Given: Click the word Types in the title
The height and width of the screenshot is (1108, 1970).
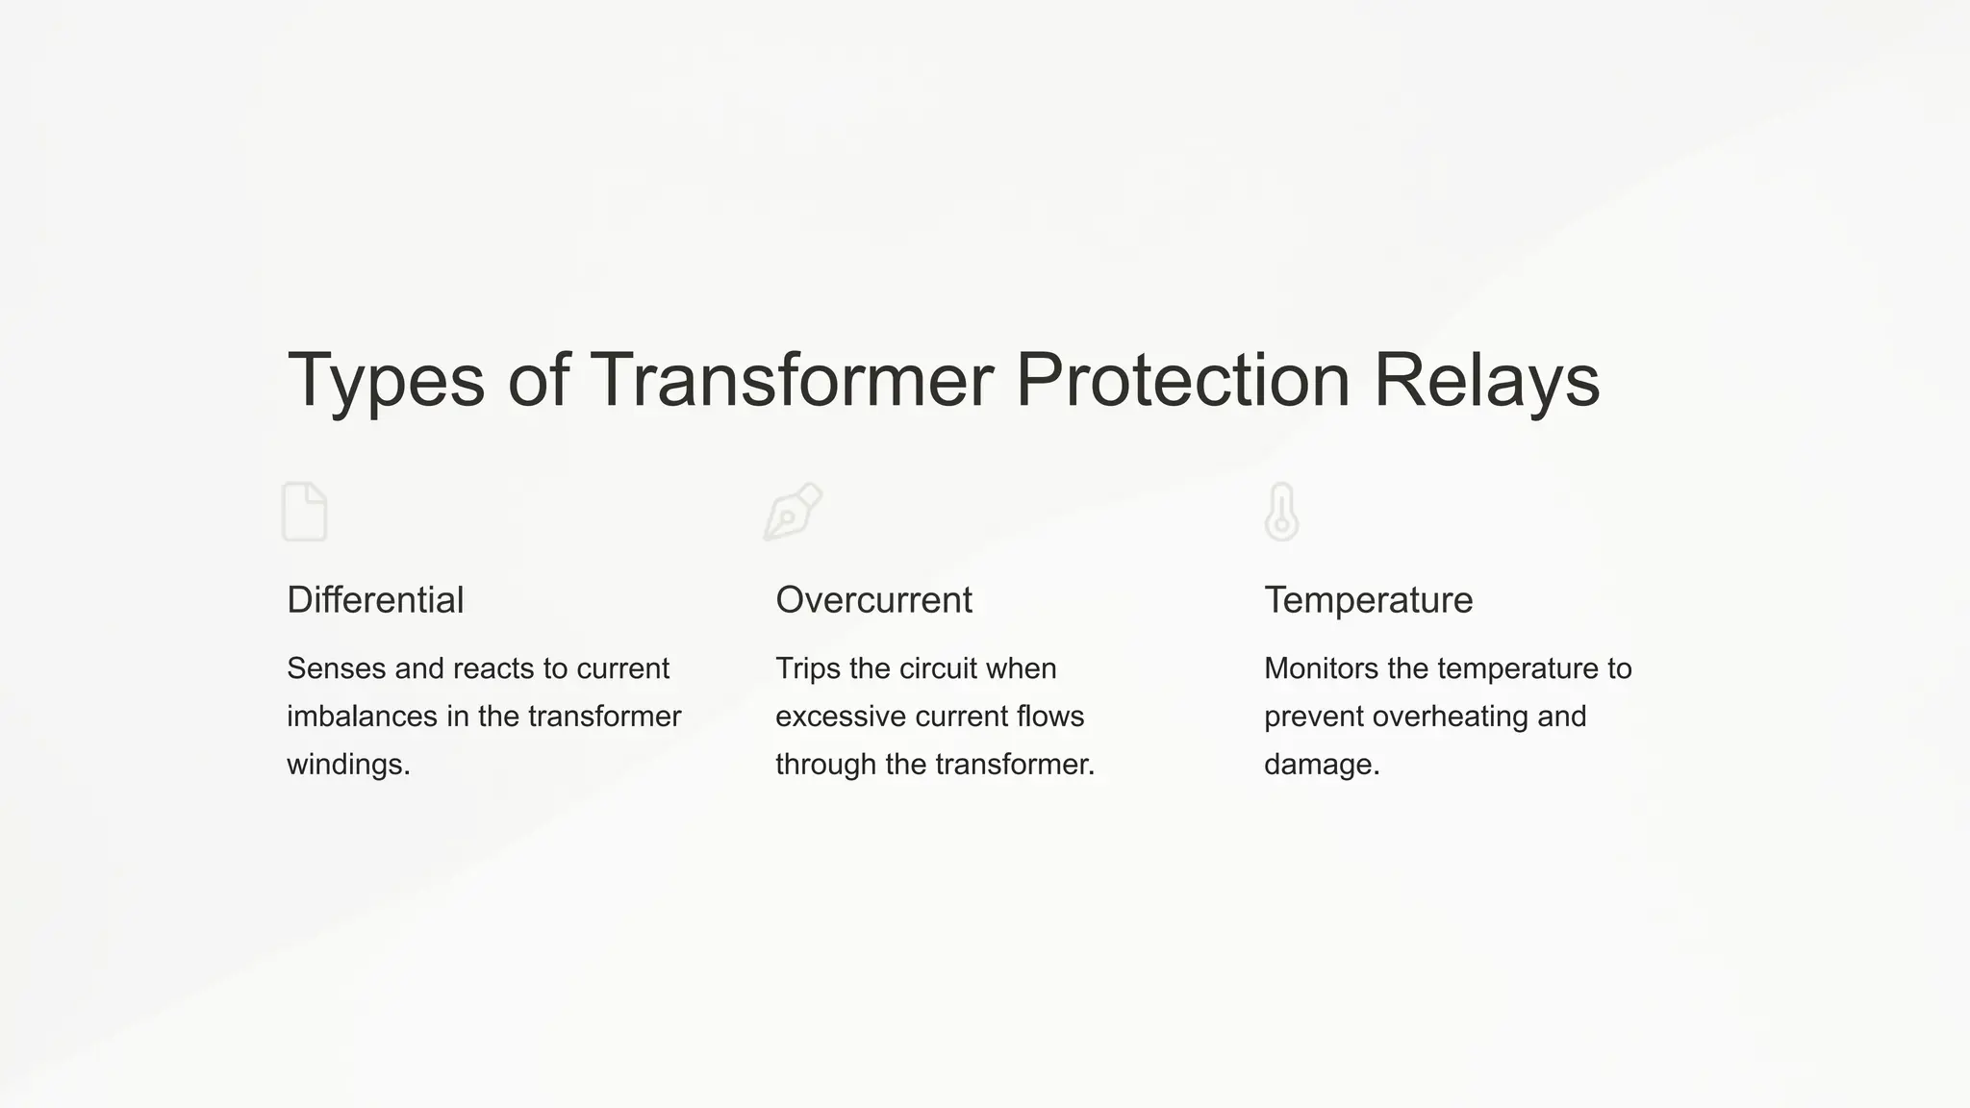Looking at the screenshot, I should [x=385, y=381].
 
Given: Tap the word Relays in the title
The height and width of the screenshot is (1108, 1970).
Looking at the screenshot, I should [x=1486, y=381].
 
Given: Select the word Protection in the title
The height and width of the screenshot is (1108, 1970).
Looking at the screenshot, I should [x=1182, y=381].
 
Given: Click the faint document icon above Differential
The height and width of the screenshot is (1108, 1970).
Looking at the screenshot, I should [x=305, y=512].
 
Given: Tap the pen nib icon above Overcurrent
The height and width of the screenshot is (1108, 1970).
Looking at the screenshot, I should [x=793, y=511].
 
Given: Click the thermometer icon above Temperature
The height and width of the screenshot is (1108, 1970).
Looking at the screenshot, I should [x=1281, y=512].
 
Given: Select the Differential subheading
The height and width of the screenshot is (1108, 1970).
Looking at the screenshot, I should [x=375, y=600].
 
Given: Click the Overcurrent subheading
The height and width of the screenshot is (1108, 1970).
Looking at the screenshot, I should [x=873, y=600].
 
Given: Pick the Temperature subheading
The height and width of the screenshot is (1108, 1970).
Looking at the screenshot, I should [x=1368, y=600].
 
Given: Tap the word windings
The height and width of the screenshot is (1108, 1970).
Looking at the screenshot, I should [x=347, y=765].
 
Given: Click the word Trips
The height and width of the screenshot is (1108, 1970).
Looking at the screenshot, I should [x=807, y=668].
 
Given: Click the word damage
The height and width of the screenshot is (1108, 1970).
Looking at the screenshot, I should [x=1320, y=766].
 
